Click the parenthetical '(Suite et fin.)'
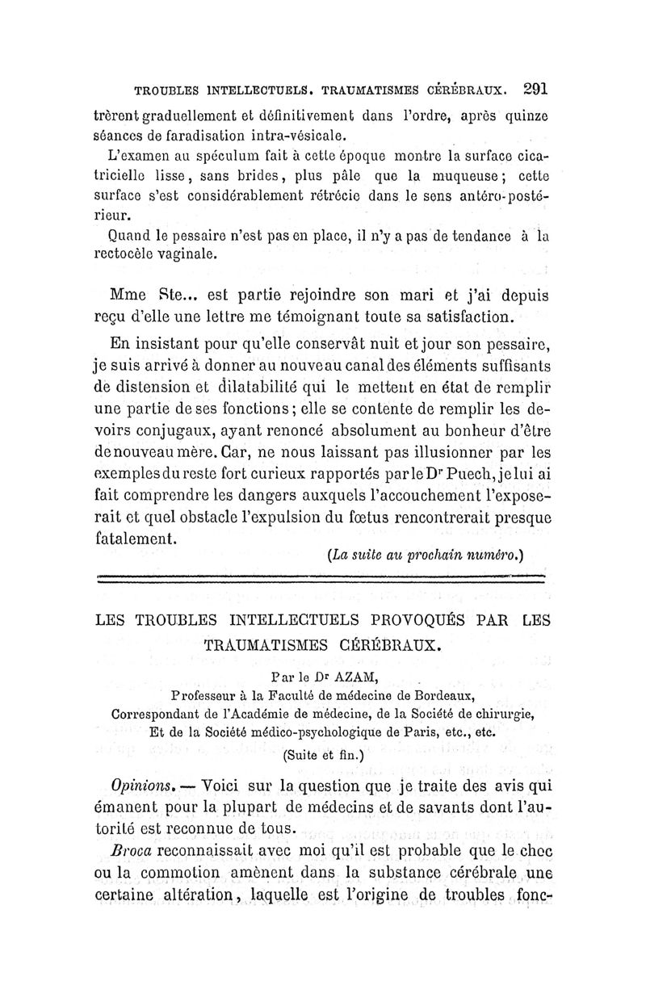[322, 756]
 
